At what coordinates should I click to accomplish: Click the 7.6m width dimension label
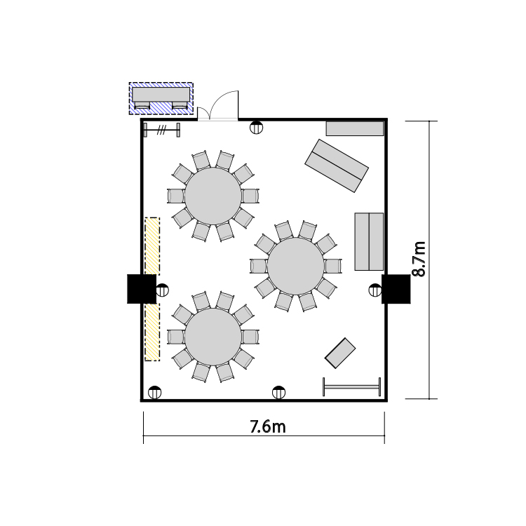point(268,426)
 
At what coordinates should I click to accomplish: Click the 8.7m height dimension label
point(419,259)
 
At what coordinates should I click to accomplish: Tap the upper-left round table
point(213,196)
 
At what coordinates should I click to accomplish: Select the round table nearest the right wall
point(296,267)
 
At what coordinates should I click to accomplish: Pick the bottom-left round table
point(213,337)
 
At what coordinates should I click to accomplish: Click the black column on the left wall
point(142,289)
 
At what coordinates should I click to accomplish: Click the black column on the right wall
point(396,289)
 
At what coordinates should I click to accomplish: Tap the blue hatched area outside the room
point(161,98)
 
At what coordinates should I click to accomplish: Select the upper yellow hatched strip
point(152,246)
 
